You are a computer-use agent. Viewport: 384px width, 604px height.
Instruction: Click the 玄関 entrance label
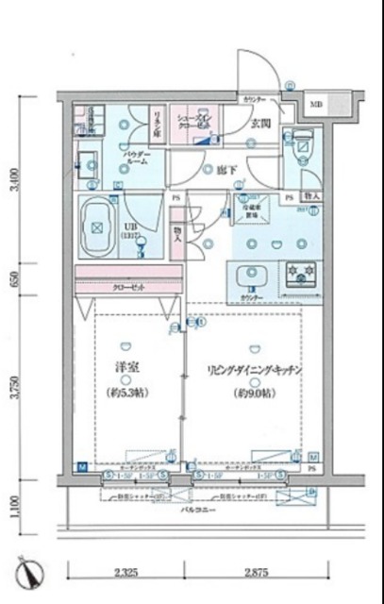point(260,123)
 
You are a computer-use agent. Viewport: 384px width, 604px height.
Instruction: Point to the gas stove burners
point(304,274)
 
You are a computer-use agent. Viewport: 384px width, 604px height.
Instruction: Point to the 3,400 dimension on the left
point(12,178)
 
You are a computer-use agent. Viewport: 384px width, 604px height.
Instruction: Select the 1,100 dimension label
point(12,508)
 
